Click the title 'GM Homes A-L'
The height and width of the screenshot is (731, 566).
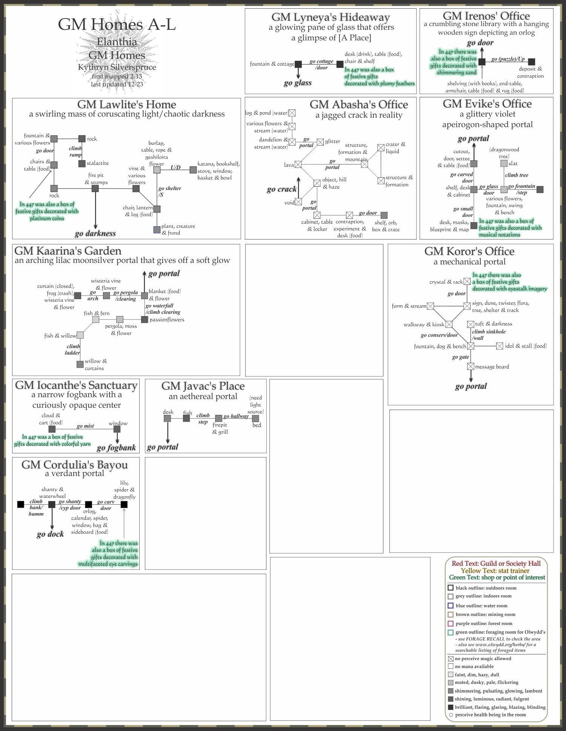(117, 25)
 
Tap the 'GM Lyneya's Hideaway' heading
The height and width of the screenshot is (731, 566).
(331, 17)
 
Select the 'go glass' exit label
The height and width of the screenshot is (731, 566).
(298, 83)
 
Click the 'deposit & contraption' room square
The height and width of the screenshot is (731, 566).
(531, 62)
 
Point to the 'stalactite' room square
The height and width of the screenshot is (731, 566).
(82, 164)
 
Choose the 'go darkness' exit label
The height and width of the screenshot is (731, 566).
(95, 233)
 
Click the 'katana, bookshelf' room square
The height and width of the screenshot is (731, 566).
(193, 170)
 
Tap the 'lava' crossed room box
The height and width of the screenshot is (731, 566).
(298, 164)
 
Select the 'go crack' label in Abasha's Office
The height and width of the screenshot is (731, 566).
(281, 189)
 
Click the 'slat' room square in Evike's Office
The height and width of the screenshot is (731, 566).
(504, 163)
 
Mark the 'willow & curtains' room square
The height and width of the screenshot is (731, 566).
(80, 364)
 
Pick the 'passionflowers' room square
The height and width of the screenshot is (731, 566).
(145, 319)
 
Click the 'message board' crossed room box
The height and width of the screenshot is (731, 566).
(471, 366)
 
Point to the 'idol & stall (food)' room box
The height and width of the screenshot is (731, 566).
(500, 346)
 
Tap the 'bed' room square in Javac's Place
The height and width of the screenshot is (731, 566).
(255, 418)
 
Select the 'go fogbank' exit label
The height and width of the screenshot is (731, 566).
(116, 448)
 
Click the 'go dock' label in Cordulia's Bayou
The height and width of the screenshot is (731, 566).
(50, 534)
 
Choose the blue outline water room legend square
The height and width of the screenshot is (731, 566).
(451, 606)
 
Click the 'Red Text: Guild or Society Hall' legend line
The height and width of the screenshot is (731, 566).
(496, 564)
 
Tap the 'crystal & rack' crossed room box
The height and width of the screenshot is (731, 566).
(467, 281)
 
